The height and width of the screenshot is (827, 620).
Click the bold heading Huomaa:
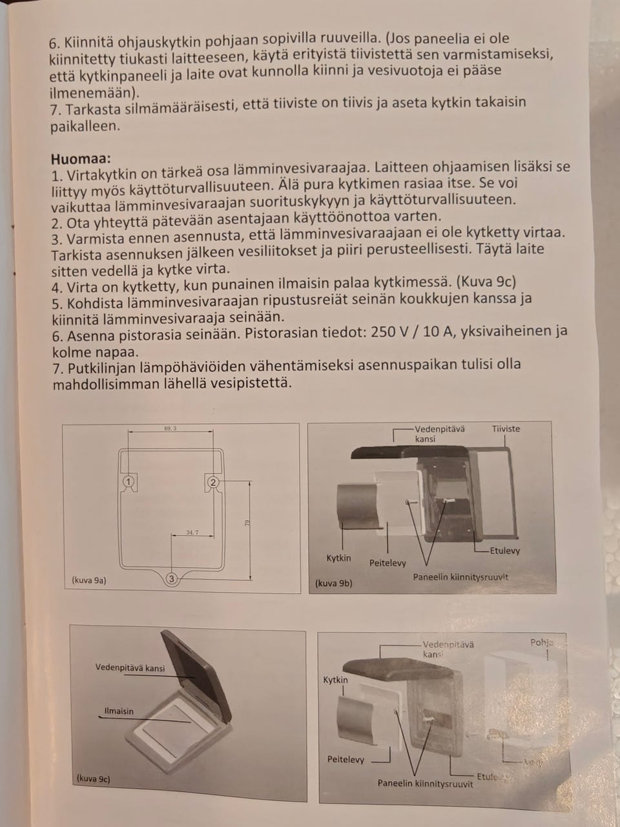coord(81,158)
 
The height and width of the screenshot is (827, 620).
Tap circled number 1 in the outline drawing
coord(129,481)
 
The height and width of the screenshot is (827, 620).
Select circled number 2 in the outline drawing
coord(213,482)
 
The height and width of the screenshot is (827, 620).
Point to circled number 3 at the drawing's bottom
coord(171,579)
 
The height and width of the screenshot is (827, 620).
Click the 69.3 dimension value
coord(170,428)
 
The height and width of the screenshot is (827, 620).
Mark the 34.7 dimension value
coord(192,532)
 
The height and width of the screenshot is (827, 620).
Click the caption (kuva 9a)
coord(89,580)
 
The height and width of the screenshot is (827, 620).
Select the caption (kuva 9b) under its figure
coord(333,583)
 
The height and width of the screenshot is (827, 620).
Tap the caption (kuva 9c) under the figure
coord(93,779)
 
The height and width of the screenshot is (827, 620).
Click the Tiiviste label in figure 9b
coord(506,428)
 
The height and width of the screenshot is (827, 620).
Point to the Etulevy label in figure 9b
coord(504,550)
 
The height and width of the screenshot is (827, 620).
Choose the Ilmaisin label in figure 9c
coord(119,711)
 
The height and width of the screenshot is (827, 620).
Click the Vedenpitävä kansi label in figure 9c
coord(130,668)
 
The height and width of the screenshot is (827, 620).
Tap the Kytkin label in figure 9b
coord(338,558)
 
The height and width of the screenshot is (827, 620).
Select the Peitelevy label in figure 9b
coord(387,563)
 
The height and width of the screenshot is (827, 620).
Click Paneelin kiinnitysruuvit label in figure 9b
coord(460,576)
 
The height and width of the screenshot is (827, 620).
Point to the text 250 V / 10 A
coord(413,332)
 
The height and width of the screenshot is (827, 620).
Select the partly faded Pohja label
coord(541,643)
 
